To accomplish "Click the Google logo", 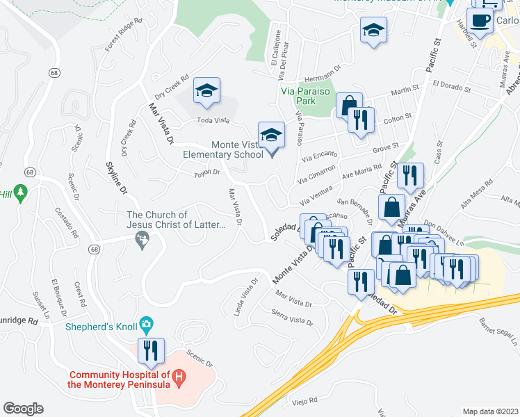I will point(23,409).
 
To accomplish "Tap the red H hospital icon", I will point(179,379).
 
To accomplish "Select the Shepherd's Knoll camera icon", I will point(146,323).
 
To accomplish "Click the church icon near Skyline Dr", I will point(143,240).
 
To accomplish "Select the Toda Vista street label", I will point(213,120).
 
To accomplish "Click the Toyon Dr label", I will point(206,172).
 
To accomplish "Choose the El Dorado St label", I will point(451,86).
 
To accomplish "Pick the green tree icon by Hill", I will point(20,191).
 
